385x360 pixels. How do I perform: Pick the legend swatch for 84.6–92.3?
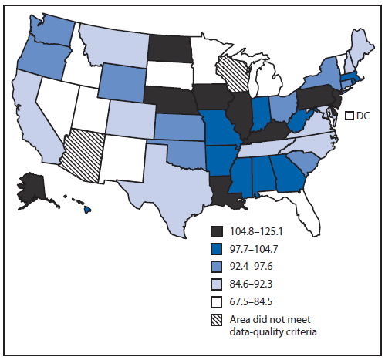pyautogui.click(x=219, y=282)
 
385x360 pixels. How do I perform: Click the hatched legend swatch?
pyautogui.click(x=219, y=317)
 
